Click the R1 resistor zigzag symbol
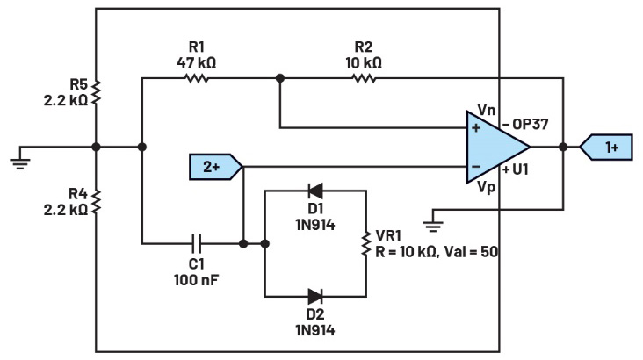198,78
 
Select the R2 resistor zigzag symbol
364,78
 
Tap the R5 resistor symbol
96,92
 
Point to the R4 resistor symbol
96,201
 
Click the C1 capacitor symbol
197,243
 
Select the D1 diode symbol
315,191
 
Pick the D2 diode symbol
315,296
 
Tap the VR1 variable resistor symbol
365,243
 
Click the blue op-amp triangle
498,147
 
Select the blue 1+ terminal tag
606,147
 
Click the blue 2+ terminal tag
216,167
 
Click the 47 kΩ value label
197,63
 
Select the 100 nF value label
197,280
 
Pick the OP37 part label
531,124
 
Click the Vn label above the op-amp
487,110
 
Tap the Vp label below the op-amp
487,187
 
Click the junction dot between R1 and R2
280,78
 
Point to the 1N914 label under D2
315,330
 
